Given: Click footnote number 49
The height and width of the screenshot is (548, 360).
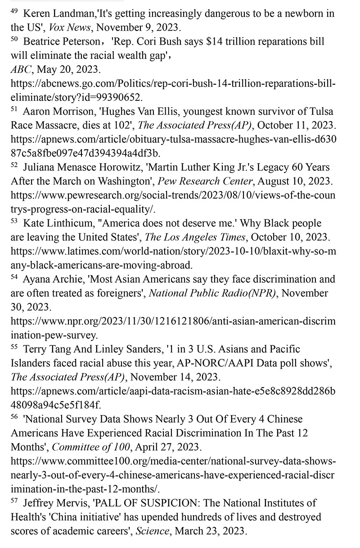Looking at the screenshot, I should pyautogui.click(x=14, y=10).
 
